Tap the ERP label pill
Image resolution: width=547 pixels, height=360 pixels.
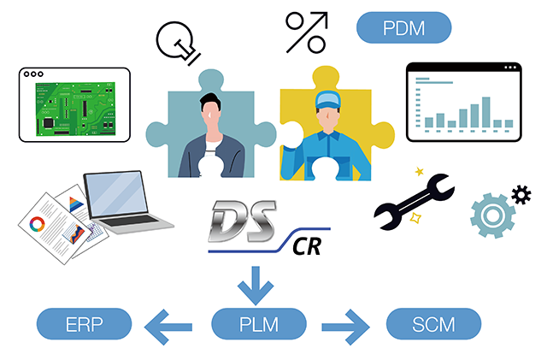tap(84, 325)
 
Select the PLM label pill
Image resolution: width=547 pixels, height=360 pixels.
tap(259, 325)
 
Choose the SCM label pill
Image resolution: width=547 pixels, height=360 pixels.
tap(433, 325)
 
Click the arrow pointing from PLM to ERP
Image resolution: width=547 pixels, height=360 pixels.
tap(170, 325)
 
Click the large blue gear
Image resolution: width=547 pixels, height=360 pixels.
tap(492, 215)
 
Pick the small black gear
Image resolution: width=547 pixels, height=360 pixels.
tap(520, 195)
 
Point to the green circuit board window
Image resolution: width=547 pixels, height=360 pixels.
tap(74, 103)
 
